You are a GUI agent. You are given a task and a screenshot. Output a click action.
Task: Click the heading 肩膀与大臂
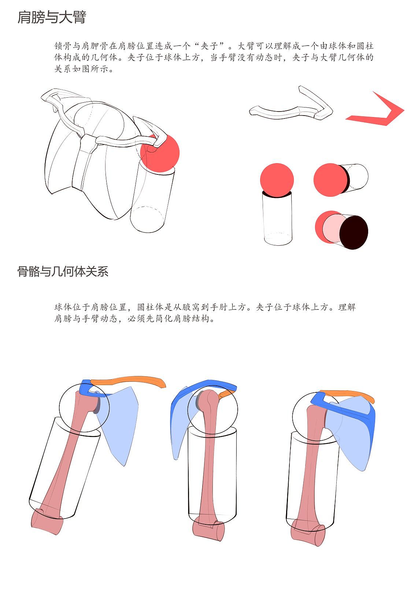(x=52, y=17)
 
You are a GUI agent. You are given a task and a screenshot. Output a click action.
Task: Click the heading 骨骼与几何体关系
(x=63, y=271)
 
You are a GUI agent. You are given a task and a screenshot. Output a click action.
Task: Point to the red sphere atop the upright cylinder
(x=277, y=179)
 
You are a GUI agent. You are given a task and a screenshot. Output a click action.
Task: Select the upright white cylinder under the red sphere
(x=278, y=219)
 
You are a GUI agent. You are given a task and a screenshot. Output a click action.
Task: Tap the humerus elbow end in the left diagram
(x=47, y=523)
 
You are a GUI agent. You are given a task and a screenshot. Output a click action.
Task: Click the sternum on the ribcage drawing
(x=84, y=161)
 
